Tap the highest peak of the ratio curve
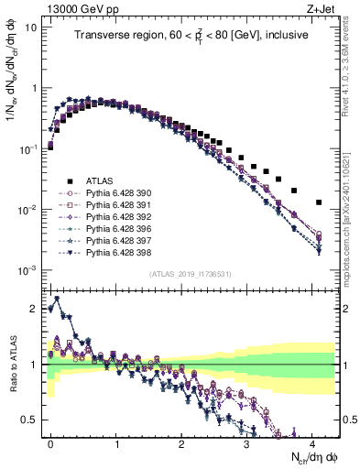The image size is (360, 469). [x=58, y=299]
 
